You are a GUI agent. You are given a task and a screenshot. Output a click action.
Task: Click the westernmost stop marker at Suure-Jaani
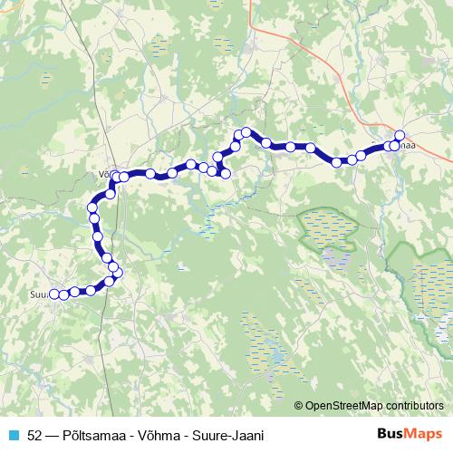click(x=53, y=294)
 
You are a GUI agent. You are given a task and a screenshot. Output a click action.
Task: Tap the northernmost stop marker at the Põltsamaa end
click(x=400, y=136)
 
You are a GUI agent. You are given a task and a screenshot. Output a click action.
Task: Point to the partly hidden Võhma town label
click(x=102, y=168)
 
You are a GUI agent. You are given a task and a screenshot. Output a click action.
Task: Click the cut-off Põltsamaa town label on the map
click(x=407, y=146)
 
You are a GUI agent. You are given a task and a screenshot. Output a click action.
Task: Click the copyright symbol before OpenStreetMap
click(x=299, y=405)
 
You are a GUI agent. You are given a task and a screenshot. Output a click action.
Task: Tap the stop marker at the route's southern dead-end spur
click(x=226, y=173)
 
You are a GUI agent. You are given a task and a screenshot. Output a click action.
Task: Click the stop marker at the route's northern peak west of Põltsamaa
click(x=246, y=132)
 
